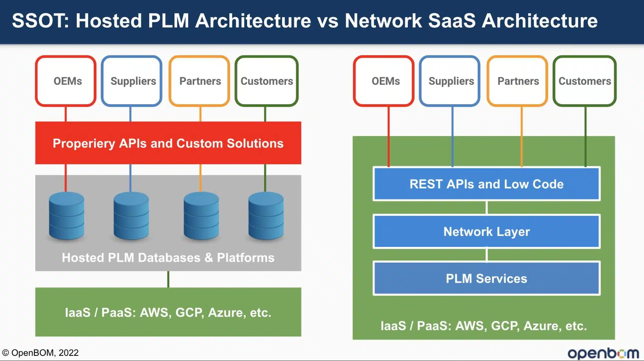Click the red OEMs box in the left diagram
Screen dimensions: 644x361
66,81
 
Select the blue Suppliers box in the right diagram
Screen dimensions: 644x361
450,81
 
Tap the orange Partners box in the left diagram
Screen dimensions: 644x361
199,81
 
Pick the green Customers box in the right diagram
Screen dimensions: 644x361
585,81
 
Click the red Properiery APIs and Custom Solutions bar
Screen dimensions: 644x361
168,143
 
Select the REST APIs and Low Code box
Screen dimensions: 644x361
486,184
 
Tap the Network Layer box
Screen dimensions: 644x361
486,231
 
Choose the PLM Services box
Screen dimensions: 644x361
486,278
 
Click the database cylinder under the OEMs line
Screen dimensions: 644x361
66,216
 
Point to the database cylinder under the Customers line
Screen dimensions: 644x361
266,216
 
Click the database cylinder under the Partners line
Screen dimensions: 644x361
201,216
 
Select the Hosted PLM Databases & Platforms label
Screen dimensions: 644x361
168,258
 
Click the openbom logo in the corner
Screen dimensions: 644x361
603,353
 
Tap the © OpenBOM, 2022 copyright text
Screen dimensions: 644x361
40,353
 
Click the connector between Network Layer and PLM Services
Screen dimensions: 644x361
486,255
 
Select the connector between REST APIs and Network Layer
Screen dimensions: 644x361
486,207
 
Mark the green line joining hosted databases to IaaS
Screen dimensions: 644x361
168,279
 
